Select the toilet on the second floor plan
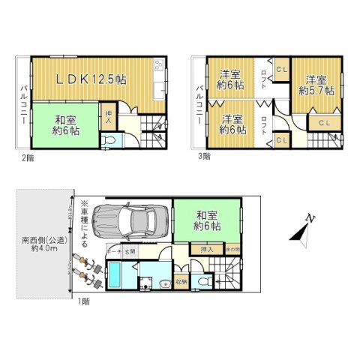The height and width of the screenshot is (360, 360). [112, 141]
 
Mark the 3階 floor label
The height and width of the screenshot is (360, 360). [205, 157]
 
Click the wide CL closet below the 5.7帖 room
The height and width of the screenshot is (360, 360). [325, 122]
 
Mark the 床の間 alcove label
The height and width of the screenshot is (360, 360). [232, 248]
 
